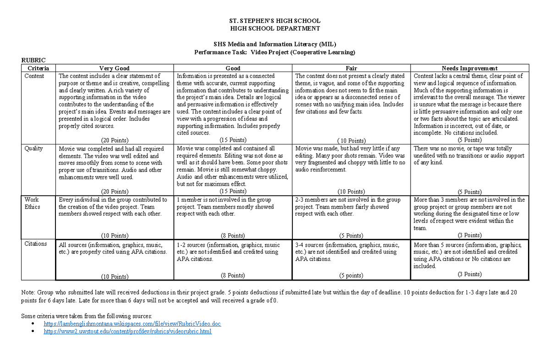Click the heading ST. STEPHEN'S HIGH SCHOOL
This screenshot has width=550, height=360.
point(275,21)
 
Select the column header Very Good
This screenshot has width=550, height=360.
point(115,68)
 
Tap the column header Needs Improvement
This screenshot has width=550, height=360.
point(469,68)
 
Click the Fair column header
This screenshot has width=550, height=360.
point(351,68)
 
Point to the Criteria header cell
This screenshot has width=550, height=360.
point(38,68)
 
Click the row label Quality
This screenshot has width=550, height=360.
point(33,149)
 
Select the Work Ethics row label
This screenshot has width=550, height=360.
point(32,203)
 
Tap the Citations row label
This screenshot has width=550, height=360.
point(36,244)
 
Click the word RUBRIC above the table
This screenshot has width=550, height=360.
point(34,60)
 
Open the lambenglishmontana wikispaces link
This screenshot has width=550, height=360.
point(132,324)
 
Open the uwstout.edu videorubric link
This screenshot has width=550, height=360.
point(127,332)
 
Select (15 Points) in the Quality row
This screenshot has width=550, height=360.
point(233,191)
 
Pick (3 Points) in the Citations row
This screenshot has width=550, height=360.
point(469,274)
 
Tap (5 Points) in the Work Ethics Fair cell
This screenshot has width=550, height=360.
point(351,236)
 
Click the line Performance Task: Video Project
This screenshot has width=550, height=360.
point(275,52)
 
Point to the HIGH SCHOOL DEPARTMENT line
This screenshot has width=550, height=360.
point(275,28)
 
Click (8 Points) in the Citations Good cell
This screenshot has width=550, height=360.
point(233,276)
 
